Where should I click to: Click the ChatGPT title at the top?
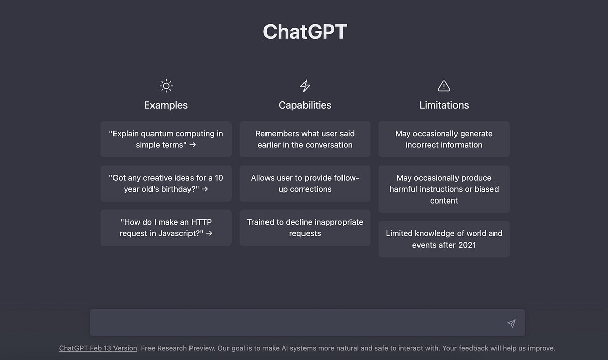[305, 32]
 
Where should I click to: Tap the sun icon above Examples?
[166, 86]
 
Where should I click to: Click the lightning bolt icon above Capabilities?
[305, 86]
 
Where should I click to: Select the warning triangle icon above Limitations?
[444, 86]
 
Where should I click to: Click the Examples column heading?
[166, 105]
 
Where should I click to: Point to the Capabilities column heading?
[305, 105]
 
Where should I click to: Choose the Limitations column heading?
[444, 105]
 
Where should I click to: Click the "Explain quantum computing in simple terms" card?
[166, 139]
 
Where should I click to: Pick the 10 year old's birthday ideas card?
[166, 183]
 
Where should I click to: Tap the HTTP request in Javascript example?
[166, 228]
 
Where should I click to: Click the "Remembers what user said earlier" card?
[305, 139]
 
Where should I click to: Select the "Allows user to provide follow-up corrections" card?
[305, 183]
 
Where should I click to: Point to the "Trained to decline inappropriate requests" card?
[305, 228]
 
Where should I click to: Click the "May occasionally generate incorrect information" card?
[444, 139]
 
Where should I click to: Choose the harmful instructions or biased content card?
[444, 189]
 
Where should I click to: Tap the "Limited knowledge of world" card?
[444, 239]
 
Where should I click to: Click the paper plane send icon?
[511, 324]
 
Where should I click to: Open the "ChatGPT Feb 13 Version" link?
[98, 348]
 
